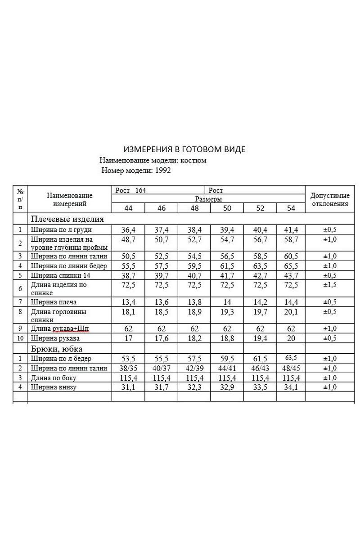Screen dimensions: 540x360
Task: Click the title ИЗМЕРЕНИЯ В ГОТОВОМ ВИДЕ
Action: point(184,149)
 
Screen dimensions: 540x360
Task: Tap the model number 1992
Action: point(162,171)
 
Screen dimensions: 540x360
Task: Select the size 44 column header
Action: point(128,208)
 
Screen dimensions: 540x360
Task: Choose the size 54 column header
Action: point(291,208)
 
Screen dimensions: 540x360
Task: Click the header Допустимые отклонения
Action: point(330,199)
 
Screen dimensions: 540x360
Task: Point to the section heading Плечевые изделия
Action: point(67,219)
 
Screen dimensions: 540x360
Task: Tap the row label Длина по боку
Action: point(54,378)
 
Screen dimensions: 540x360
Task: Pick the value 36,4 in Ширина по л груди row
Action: point(128,229)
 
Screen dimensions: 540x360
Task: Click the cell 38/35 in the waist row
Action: point(128,368)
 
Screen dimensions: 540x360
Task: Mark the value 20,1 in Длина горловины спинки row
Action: point(291,312)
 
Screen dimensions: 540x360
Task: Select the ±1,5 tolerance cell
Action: point(330,285)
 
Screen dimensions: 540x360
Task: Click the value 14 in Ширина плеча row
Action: point(227,301)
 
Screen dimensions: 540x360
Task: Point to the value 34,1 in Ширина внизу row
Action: point(291,387)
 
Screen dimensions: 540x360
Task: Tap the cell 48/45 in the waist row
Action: point(291,368)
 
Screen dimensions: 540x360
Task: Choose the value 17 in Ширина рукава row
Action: point(128,337)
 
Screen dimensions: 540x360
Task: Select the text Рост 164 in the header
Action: point(130,190)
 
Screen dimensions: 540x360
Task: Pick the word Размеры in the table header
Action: point(208,198)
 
